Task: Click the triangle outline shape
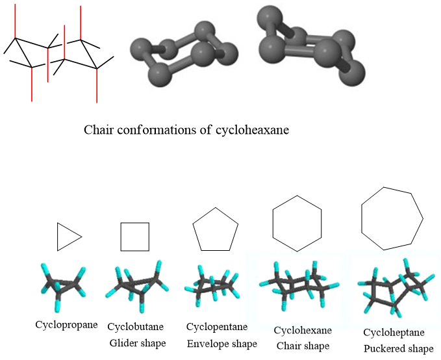pos(68,237)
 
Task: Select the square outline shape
pos(135,237)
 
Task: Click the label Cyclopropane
pos(68,323)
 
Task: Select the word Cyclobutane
pos(136,326)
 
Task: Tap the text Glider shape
pos(137,342)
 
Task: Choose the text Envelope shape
pos(221,342)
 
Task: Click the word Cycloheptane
pos(394,333)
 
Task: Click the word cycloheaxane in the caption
pos(252,129)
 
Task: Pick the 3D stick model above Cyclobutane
pos(137,285)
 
